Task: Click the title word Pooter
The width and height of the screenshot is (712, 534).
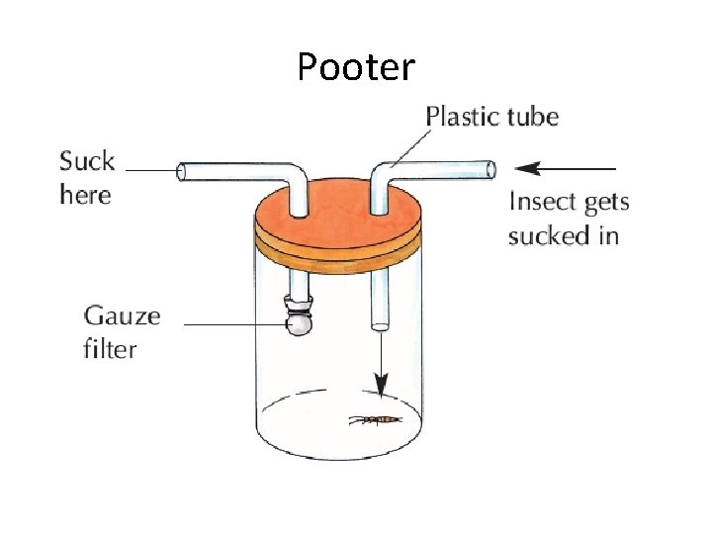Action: point(356,67)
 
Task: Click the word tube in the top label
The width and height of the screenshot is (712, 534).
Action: point(533,117)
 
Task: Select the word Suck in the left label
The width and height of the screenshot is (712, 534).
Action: point(87,161)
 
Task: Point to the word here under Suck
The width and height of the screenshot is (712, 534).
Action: point(85,194)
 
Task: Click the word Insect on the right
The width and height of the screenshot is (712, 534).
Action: point(539,203)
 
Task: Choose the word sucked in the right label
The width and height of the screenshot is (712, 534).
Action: point(548,235)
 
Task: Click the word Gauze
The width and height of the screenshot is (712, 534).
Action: point(122,316)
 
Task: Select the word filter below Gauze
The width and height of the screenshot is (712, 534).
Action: point(110,348)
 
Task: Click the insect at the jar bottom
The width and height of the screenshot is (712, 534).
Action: point(375,420)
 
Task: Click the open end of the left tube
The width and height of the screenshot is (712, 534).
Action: point(181,172)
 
